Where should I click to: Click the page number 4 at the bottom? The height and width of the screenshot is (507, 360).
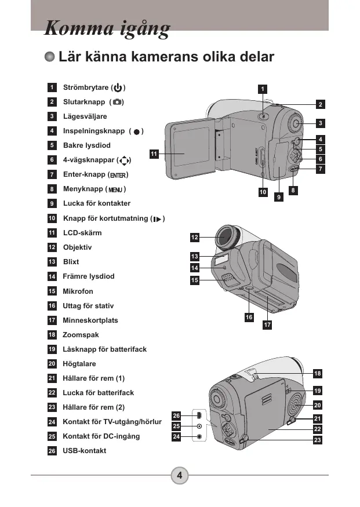(180, 475)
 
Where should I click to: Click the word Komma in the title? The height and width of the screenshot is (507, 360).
(79, 28)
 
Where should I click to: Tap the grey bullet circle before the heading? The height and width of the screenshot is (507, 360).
(49, 57)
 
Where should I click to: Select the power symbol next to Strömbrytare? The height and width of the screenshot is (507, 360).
(118, 87)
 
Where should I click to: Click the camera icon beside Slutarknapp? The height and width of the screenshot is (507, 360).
(117, 102)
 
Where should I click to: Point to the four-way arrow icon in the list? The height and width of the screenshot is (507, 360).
(124, 161)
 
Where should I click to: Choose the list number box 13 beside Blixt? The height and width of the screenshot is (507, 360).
(52, 261)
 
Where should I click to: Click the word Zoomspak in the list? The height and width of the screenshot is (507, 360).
(81, 335)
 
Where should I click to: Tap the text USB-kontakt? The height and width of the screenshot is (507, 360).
(85, 450)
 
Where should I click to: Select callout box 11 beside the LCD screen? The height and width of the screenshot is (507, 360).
(154, 154)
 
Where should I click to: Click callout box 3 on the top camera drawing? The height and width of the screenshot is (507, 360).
(320, 123)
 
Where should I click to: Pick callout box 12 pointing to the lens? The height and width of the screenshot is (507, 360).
(194, 238)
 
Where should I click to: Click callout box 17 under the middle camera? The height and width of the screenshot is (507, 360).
(267, 324)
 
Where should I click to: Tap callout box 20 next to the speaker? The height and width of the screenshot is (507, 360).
(318, 405)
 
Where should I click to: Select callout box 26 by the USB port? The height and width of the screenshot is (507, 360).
(176, 415)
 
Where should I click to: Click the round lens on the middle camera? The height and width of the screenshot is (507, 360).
(226, 237)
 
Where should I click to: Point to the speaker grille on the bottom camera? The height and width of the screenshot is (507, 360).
(295, 404)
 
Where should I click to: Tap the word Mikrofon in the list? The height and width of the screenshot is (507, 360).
(78, 291)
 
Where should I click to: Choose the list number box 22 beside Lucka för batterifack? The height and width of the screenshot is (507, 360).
(52, 392)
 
